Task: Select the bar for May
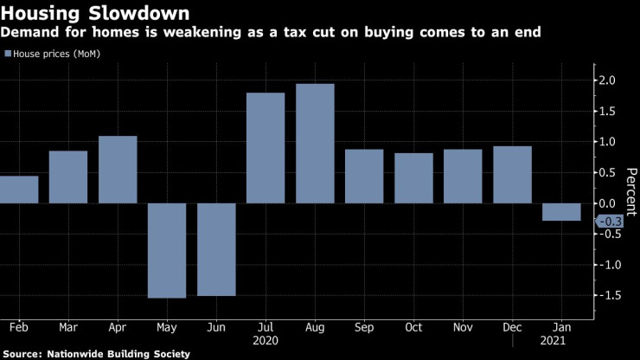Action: (167, 250)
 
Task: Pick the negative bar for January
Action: (561, 212)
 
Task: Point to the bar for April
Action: (118, 170)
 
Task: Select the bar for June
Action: (216, 249)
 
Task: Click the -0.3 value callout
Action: (610, 222)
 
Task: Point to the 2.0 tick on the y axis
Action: (610, 80)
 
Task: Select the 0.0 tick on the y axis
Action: (610, 203)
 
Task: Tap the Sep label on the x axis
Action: (364, 328)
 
